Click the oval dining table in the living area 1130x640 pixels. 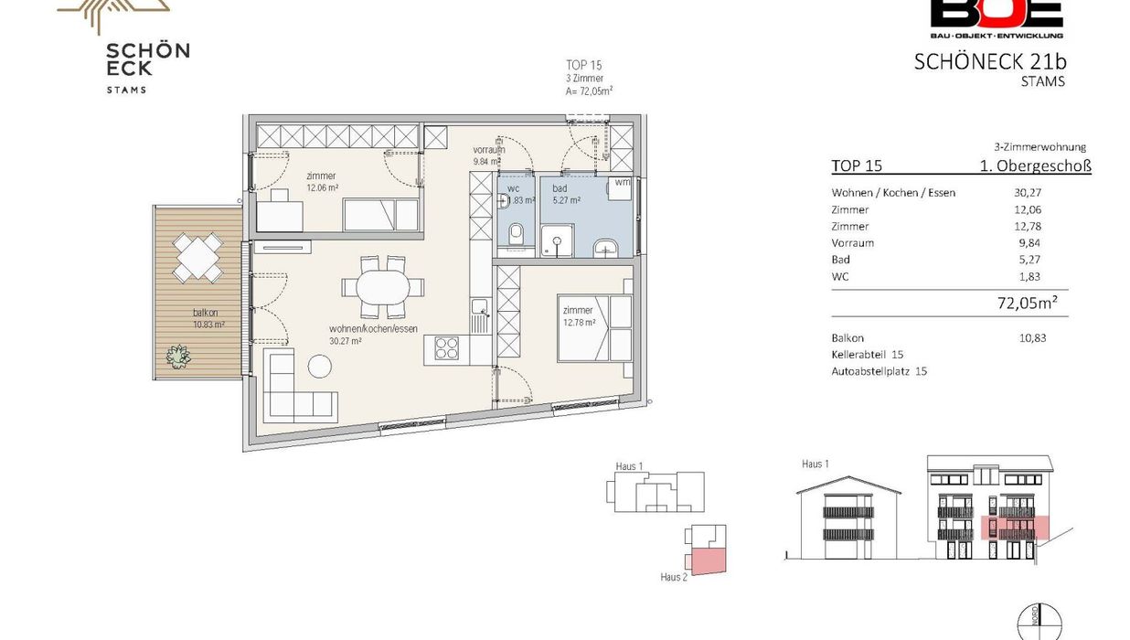[x=383, y=287]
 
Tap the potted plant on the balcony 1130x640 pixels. [x=178, y=356]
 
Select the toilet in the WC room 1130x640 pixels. [x=516, y=234]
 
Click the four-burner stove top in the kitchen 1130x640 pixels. [x=446, y=348]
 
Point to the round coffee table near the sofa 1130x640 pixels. [x=320, y=366]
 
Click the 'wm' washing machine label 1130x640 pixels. [x=622, y=182]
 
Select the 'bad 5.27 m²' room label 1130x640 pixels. [x=566, y=194]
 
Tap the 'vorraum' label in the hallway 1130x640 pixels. [x=489, y=150]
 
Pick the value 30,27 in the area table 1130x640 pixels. [x=1028, y=192]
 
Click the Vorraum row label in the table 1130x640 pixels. [x=853, y=242]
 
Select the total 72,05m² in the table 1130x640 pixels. [x=1027, y=303]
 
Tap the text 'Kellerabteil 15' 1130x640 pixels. [x=868, y=355]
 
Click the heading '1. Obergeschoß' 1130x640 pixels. [x=1035, y=165]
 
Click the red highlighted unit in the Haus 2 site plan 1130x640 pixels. [x=709, y=561]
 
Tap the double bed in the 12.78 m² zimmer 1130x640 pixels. [x=595, y=328]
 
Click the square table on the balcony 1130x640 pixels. [x=197, y=258]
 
